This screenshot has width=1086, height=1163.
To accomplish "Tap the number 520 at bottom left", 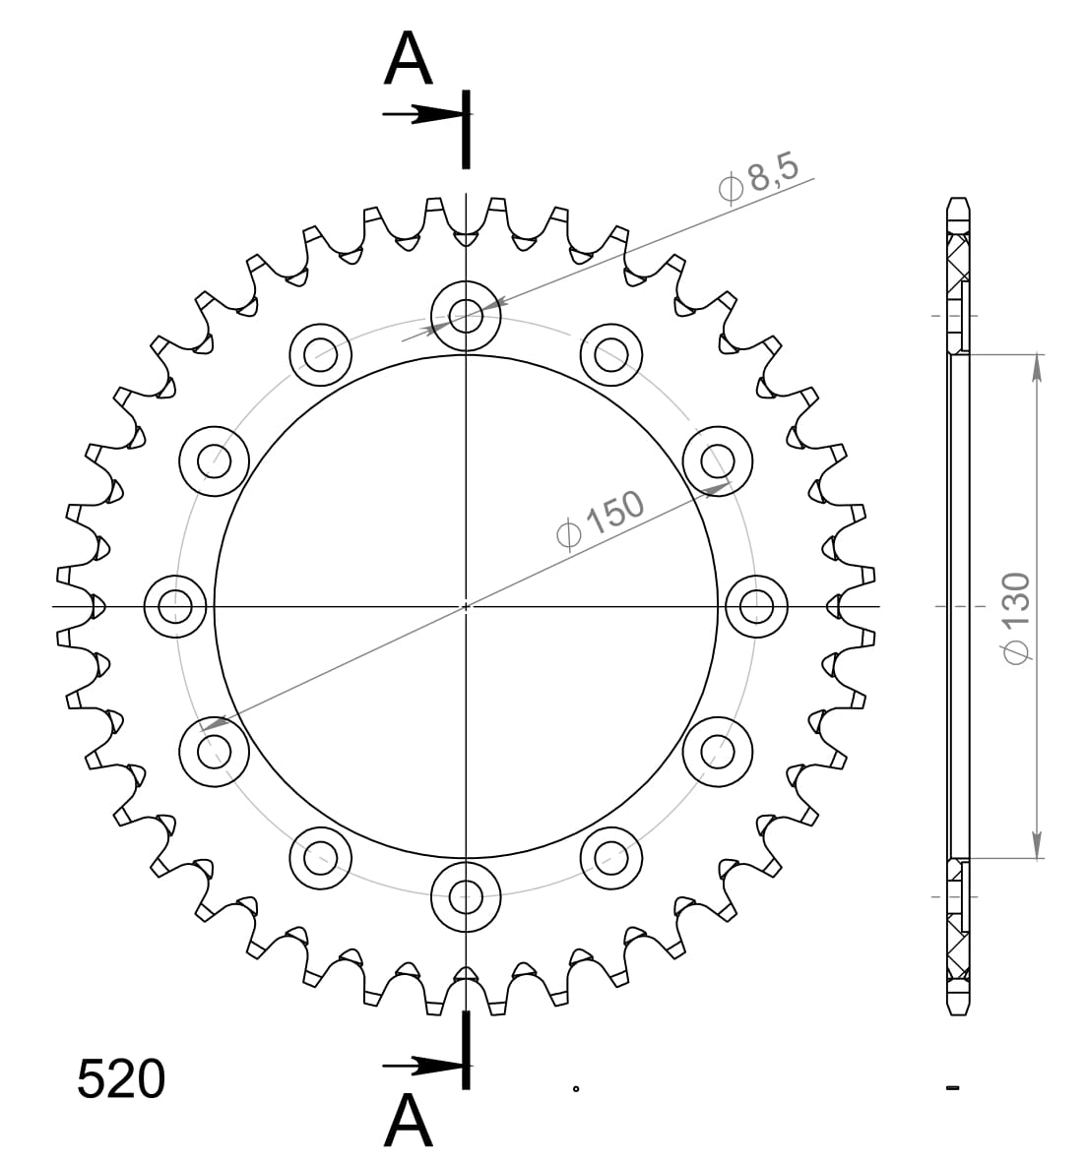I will click(x=121, y=1080).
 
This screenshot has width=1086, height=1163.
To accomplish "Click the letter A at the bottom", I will click(x=409, y=1122).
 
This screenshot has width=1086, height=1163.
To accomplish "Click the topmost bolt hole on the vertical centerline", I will click(x=466, y=316).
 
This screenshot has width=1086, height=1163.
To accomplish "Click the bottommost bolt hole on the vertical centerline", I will click(x=466, y=895).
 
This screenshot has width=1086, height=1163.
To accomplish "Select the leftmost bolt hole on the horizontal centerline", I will click(x=175, y=606).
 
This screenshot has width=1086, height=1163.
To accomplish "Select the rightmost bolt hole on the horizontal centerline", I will click(x=756, y=606).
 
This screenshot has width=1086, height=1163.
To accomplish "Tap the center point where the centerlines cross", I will click(x=466, y=606).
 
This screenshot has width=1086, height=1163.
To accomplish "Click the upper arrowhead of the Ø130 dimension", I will click(x=1036, y=366).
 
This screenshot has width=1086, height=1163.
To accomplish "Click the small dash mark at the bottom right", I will click(x=952, y=1087).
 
